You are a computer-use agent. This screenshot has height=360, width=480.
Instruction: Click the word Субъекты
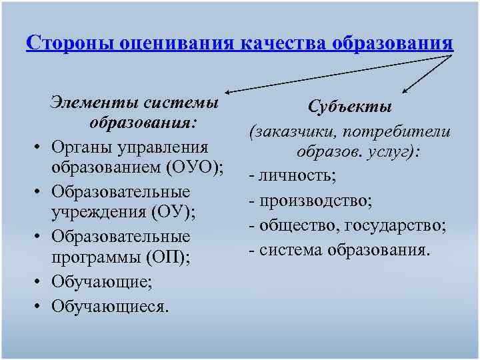tap(350, 107)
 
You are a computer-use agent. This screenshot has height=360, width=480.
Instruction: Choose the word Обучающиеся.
tap(111, 305)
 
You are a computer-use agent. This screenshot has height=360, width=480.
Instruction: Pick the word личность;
tap(297, 175)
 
